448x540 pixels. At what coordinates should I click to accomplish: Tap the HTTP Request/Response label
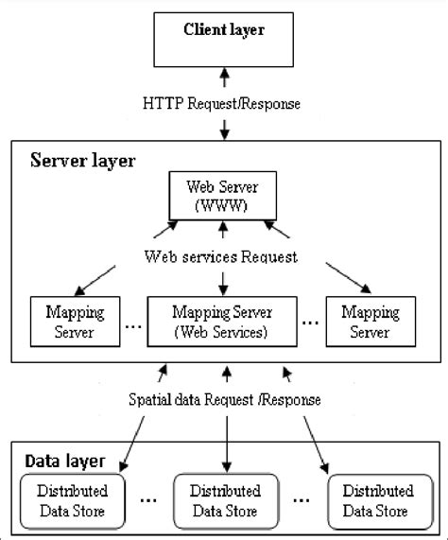pos(223,101)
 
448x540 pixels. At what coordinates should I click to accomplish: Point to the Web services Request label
pos(223,256)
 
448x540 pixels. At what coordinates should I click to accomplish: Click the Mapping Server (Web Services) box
pos(222,321)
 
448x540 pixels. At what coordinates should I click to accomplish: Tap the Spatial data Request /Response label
pos(224,399)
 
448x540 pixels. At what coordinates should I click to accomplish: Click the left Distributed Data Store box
pos(73,501)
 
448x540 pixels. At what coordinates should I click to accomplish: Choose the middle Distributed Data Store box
pos(227,501)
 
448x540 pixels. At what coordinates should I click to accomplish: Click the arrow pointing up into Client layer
pos(223,76)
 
